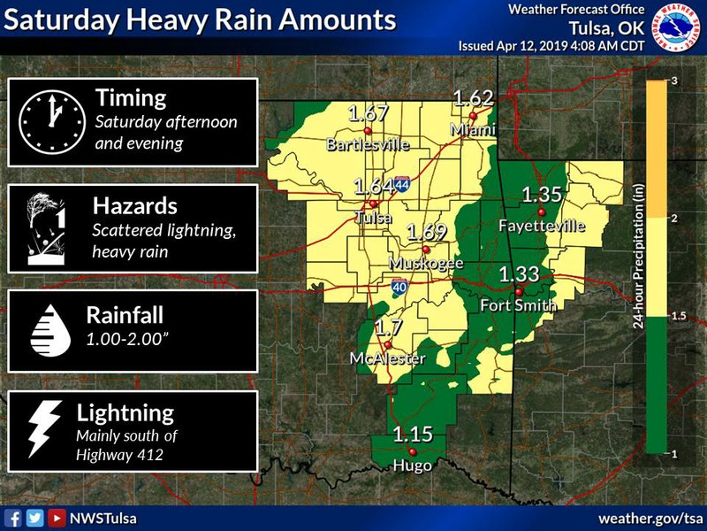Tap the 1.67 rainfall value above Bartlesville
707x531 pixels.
[369, 113]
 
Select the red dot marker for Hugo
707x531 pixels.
[412, 452]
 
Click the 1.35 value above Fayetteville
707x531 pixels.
[542, 195]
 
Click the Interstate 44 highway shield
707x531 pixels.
[402, 184]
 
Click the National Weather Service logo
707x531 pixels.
[674, 26]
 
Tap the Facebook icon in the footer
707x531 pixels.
[13, 518]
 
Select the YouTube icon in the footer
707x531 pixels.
[56, 518]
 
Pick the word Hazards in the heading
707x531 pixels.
[135, 206]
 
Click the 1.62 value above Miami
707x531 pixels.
[473, 97]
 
